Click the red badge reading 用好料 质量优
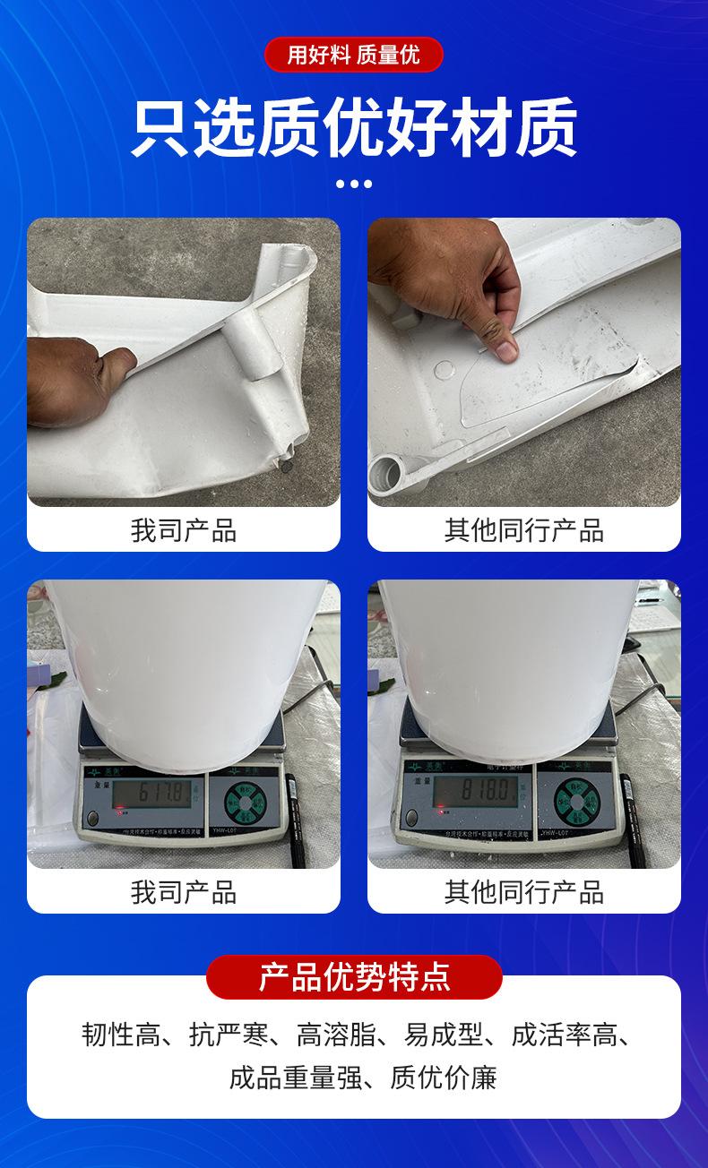[353, 55]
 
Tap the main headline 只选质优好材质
[353, 128]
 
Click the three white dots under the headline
[353, 184]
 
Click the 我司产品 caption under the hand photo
[183, 530]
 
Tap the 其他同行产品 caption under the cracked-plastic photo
[523, 530]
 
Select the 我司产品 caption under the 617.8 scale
[183, 892]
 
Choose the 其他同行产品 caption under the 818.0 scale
[523, 892]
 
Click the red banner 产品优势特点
[353, 976]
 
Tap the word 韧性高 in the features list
[121, 1035]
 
